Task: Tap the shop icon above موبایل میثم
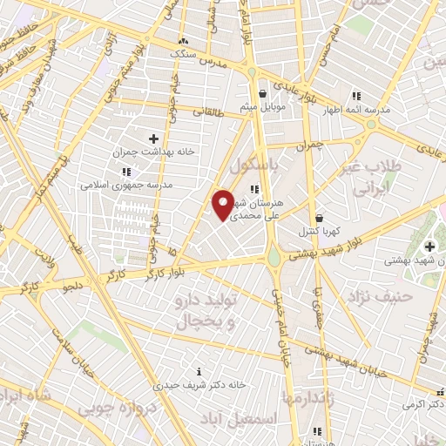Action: coord(261,93)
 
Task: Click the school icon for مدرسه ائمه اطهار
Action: coord(355,96)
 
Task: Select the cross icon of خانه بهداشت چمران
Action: coord(153,138)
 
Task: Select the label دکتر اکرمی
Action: coord(421,405)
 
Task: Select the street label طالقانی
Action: coord(207,111)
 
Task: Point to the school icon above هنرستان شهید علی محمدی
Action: coord(253,189)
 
